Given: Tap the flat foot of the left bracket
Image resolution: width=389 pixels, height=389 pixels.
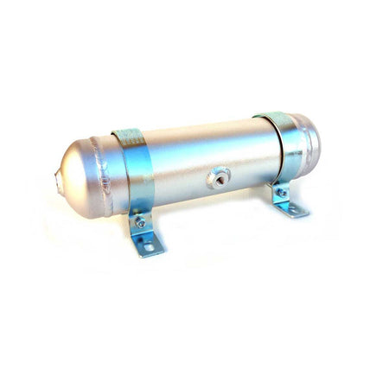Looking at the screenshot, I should pyautogui.click(x=150, y=248).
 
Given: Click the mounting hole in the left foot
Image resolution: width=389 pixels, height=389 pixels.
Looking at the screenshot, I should pyautogui.click(x=148, y=249).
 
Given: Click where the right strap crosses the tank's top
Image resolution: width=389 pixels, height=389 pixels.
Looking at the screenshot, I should pyautogui.click(x=272, y=116).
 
